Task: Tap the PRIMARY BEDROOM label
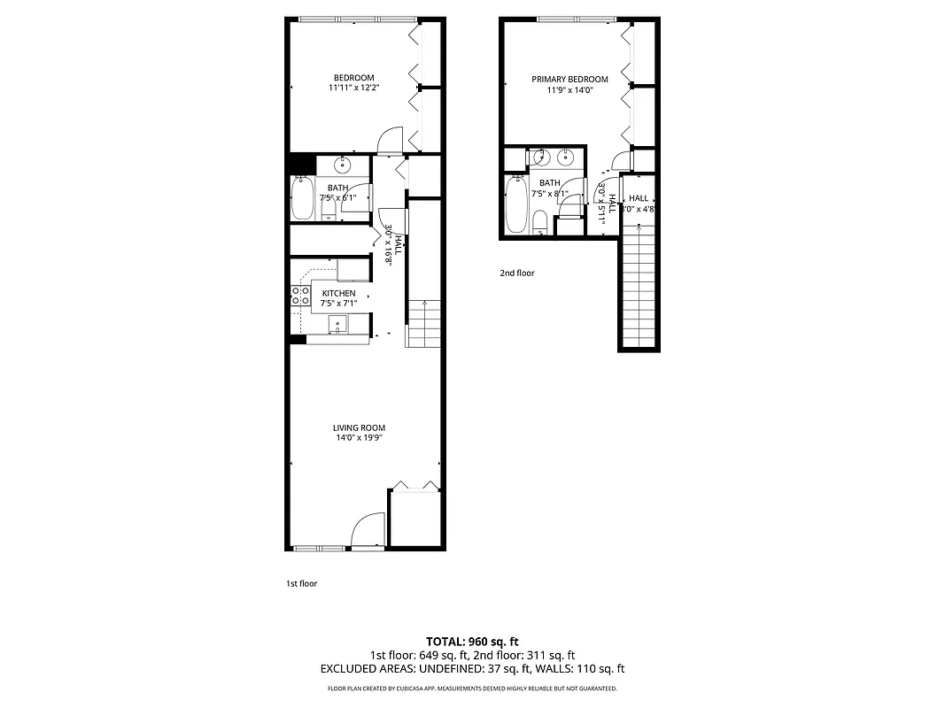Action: tap(569, 80)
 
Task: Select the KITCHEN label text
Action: tap(338, 293)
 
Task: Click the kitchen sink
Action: tap(338, 325)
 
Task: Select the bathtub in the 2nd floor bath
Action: tap(516, 205)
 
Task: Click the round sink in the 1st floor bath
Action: tap(344, 165)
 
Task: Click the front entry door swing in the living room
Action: tap(367, 531)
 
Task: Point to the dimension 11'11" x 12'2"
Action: tap(353, 88)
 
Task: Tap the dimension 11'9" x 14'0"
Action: tap(569, 89)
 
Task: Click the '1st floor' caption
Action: tap(301, 583)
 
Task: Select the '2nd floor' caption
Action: tap(517, 273)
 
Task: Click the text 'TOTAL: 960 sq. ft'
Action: tap(472, 641)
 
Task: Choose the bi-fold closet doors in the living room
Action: tap(414, 485)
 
